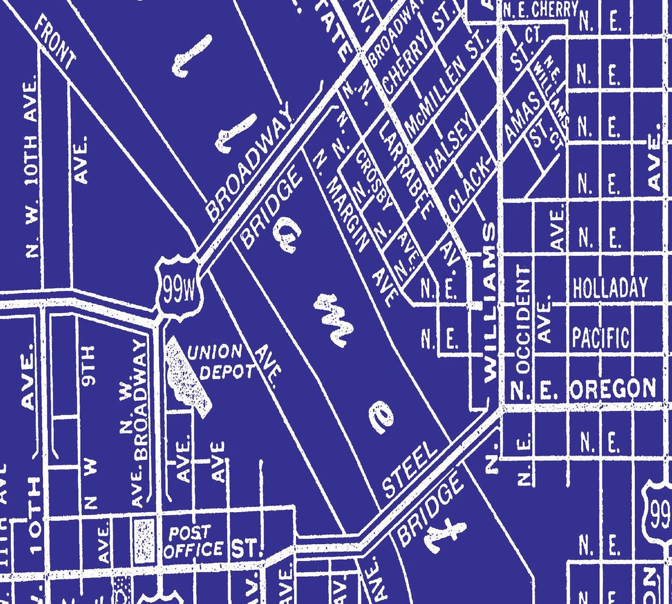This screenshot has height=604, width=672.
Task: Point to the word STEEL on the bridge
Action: [x=410, y=470]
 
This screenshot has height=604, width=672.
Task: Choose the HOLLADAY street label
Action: [x=610, y=288]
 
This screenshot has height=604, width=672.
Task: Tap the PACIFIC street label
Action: [x=600, y=338]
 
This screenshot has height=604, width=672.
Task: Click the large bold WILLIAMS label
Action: [x=490, y=303]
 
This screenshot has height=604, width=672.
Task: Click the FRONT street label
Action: [x=54, y=41]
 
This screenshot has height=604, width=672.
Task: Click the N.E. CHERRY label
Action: [x=540, y=9]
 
